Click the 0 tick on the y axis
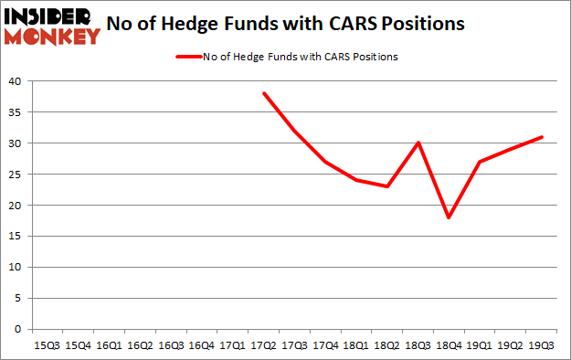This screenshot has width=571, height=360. pos(16,329)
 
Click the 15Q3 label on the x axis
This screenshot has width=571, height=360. pos(47,345)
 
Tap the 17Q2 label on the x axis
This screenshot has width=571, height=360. pos(264,345)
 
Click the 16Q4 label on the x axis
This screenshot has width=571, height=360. pos(202,345)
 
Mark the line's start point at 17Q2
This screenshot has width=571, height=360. pos(264,93)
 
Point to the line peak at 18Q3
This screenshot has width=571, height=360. pos(418,143)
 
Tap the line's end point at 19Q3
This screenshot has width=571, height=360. pos(543,137)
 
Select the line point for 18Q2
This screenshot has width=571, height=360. pos(387,186)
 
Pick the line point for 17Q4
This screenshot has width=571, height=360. pos(326,162)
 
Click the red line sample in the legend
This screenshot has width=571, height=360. pos(188,57)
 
